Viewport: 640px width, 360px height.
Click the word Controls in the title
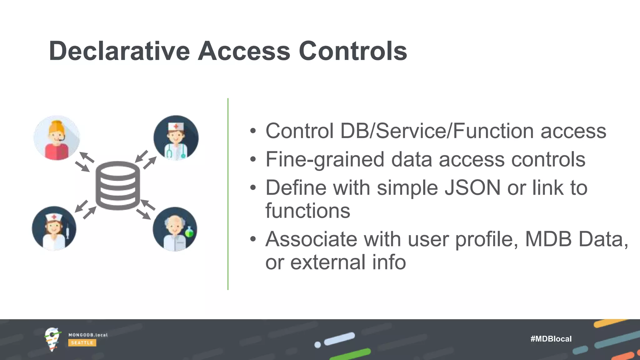pos(353,51)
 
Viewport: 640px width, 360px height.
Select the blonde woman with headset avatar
pos(57,138)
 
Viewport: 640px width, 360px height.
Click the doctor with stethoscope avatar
pos(176,138)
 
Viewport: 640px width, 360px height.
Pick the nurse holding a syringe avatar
pos(54,228)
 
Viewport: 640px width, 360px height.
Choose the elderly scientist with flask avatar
pos(175,229)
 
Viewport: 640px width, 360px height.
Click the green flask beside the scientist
pos(189,232)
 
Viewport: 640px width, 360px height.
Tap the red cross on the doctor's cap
pos(176,126)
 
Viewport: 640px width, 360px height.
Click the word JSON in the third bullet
pos(472,188)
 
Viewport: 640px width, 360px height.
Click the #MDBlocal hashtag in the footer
pos(551,339)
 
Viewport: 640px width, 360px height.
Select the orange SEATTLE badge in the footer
pos(82,343)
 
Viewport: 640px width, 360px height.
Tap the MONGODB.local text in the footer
pos(88,335)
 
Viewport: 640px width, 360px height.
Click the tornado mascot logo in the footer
pos(52,339)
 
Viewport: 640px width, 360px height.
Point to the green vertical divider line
pos(228,194)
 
